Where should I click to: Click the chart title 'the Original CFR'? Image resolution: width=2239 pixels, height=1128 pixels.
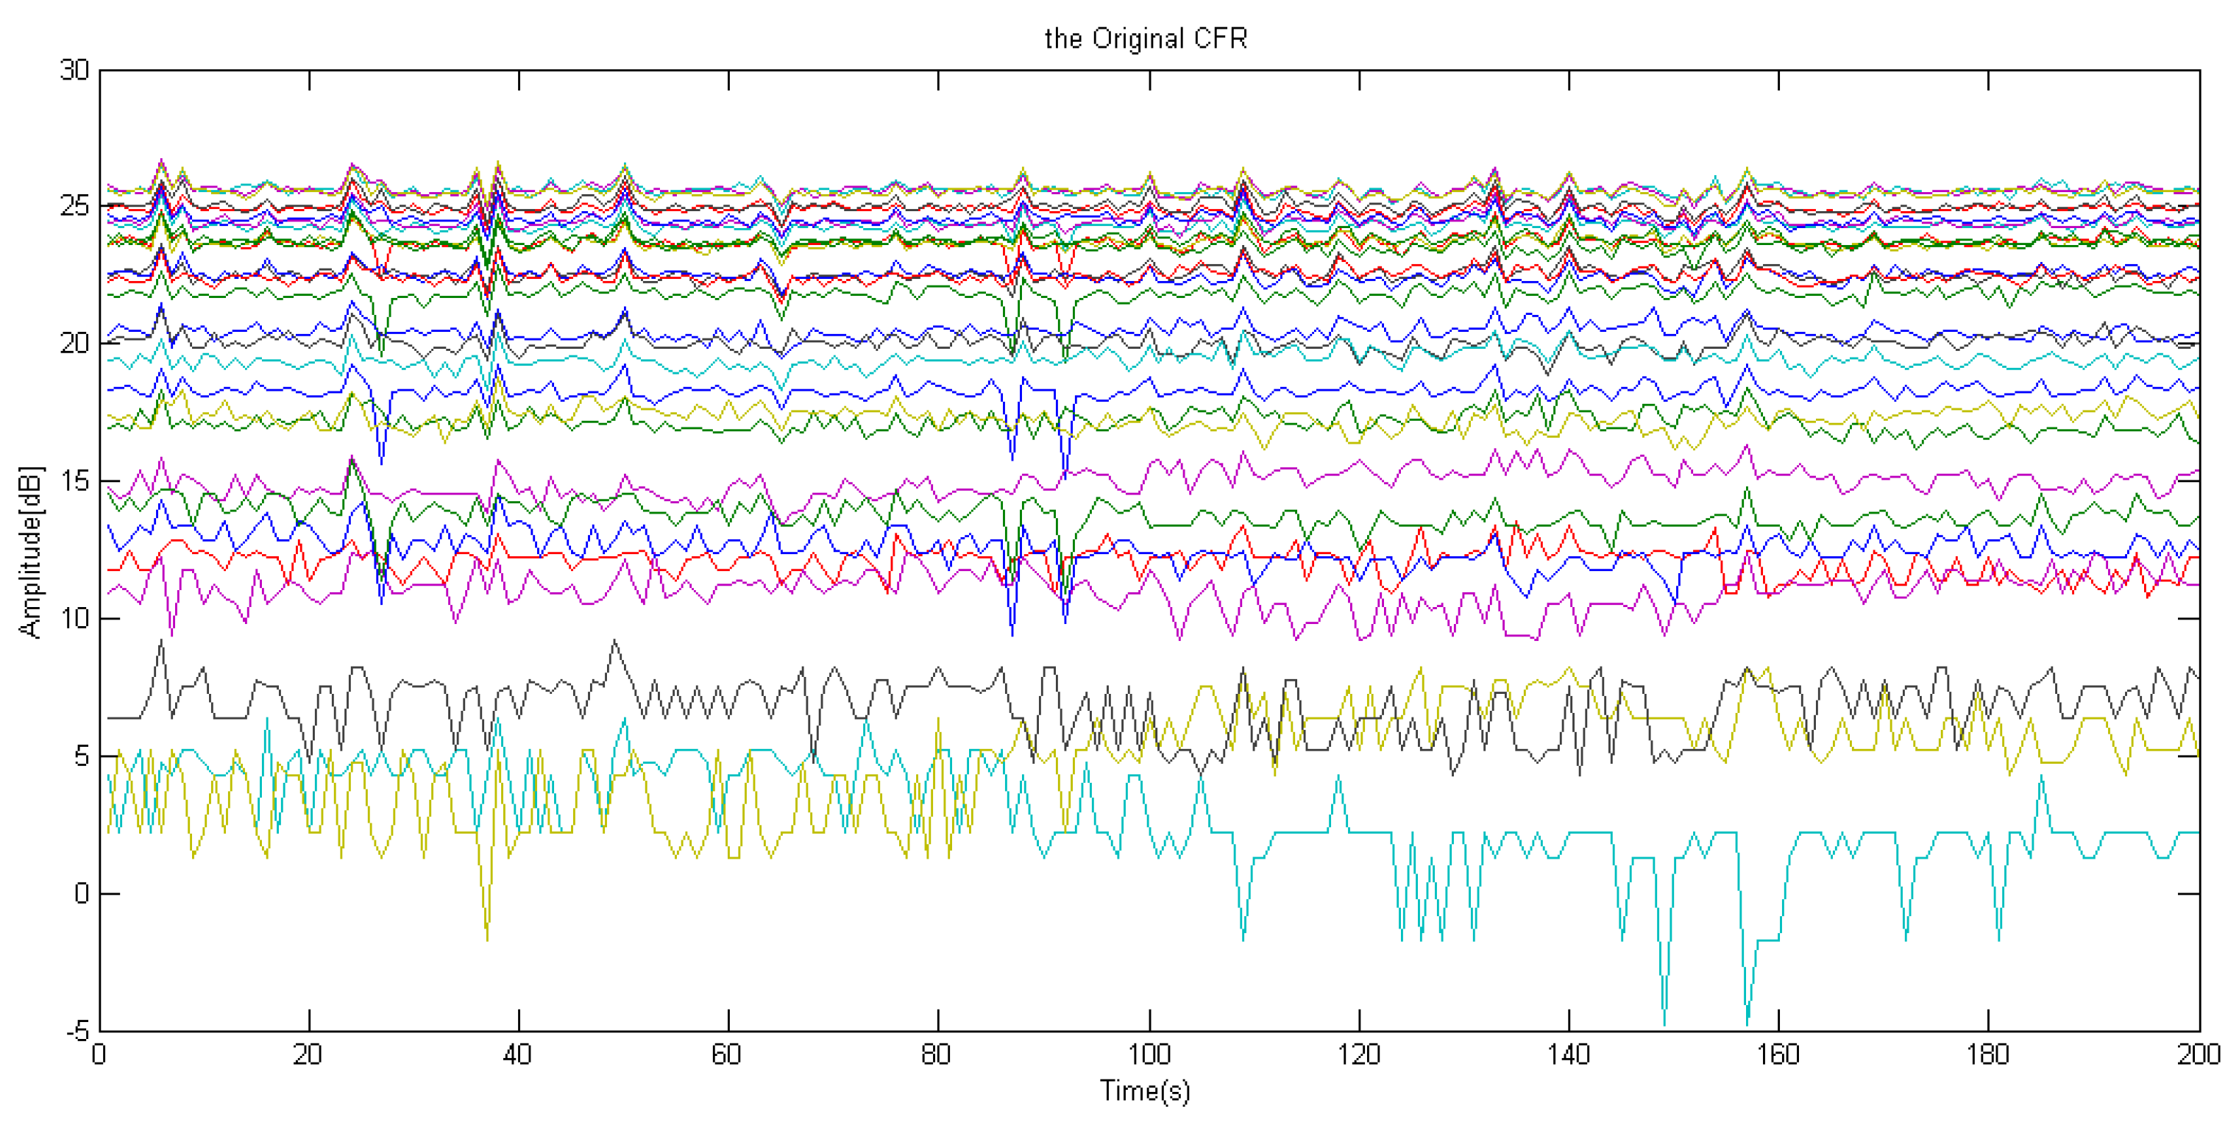click(1145, 39)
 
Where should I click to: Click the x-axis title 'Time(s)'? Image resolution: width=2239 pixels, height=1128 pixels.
click(1145, 1090)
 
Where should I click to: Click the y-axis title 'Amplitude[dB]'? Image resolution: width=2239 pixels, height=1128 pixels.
click(30, 552)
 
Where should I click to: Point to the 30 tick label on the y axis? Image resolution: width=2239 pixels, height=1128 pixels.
click(75, 71)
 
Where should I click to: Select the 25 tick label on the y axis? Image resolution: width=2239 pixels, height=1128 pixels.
click(75, 207)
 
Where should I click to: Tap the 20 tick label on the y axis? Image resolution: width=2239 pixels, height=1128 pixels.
click(75, 344)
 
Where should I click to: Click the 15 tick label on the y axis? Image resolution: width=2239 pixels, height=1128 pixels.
click(75, 481)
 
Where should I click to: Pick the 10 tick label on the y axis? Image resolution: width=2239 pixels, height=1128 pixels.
click(75, 619)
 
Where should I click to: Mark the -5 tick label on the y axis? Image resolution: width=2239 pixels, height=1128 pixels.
click(77, 1032)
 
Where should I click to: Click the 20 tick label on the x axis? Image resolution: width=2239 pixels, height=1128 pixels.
click(308, 1055)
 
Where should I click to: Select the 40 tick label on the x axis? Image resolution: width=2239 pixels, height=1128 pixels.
click(518, 1055)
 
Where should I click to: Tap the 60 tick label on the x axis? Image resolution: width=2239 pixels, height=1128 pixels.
click(728, 1055)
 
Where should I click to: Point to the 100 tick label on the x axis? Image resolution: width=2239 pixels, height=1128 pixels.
click(1149, 1055)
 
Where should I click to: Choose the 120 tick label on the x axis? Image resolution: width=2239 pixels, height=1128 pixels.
click(1358, 1055)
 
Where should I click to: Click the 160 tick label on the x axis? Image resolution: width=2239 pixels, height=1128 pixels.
click(1778, 1055)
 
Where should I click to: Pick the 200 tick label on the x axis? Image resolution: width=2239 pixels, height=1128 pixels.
click(2198, 1055)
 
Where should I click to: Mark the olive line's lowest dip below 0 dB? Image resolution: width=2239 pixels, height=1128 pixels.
click(487, 940)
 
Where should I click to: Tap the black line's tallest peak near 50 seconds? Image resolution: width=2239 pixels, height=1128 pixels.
click(615, 642)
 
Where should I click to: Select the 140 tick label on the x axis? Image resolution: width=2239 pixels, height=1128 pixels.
click(1569, 1055)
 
